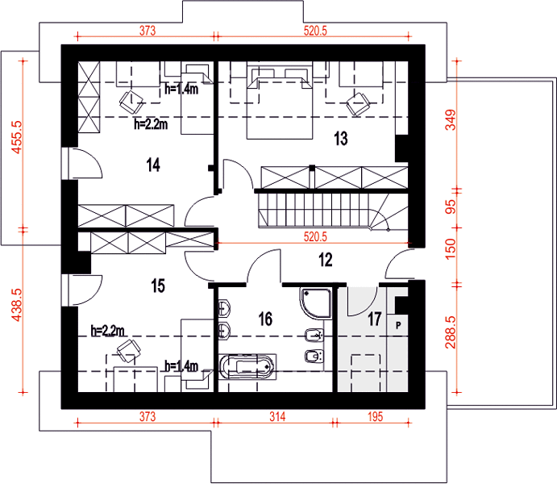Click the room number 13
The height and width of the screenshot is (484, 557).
(341, 139)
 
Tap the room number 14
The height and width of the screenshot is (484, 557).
(153, 165)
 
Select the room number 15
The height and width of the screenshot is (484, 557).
(158, 286)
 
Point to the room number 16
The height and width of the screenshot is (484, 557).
(266, 319)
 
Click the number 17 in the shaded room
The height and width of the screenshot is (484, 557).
(374, 319)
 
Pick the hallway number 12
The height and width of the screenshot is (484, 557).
(326, 260)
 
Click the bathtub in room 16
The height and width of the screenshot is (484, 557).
(247, 367)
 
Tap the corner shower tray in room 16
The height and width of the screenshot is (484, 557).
(316, 304)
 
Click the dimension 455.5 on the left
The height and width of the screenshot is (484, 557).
(17, 137)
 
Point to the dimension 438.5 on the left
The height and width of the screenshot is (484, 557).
(17, 305)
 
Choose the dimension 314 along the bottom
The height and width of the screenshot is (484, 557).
(277, 416)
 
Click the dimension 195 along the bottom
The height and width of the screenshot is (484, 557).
(376, 416)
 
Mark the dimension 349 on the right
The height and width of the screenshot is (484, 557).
(451, 119)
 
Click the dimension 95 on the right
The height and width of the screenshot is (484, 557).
(451, 207)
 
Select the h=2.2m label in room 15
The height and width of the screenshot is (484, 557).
(108, 331)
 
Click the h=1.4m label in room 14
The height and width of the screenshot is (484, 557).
(181, 89)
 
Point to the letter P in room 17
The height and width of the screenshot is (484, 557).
(398, 325)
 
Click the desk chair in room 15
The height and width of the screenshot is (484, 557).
(127, 351)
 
